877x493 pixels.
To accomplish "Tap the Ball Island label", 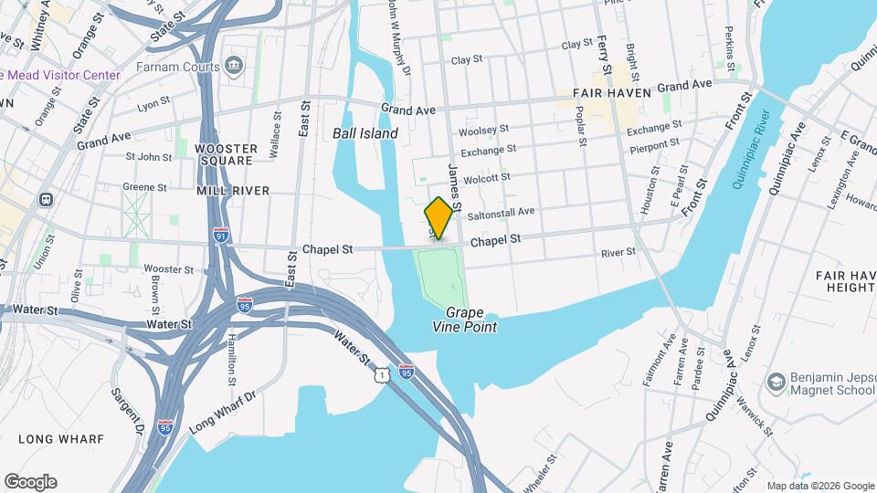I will point(365,133).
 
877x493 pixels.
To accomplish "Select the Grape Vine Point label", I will point(465,319).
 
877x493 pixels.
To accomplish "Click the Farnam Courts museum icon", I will point(234,66).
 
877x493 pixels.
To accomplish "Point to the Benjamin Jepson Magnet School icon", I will point(777,380).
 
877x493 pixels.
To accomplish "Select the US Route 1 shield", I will point(381,374).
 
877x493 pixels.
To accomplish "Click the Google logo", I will point(30,482).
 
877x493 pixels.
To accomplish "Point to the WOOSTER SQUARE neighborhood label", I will point(224,153).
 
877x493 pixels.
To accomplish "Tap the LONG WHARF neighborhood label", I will point(61,439).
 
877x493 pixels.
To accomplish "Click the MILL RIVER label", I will point(232,191).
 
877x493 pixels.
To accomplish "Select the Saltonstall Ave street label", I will point(500,212).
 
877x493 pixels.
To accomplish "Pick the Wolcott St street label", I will point(485,177).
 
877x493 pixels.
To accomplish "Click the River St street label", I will point(618,252).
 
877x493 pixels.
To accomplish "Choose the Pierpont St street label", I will point(654,143).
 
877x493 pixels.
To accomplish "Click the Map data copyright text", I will point(819,486).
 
